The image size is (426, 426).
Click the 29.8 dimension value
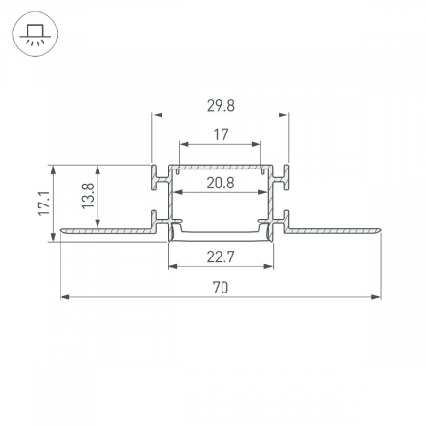(x=221, y=106)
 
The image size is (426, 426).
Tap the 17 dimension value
(x=221, y=134)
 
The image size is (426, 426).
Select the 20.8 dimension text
(x=221, y=183)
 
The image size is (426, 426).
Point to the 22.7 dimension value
(x=221, y=257)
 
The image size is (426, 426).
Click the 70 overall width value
(x=221, y=288)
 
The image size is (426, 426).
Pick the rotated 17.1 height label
(x=44, y=204)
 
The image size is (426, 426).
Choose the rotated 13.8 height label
(x=88, y=196)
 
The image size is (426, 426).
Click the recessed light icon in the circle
(x=35, y=34)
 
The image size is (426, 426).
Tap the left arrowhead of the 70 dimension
(x=65, y=297)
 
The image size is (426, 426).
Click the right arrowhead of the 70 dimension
(x=376, y=297)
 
